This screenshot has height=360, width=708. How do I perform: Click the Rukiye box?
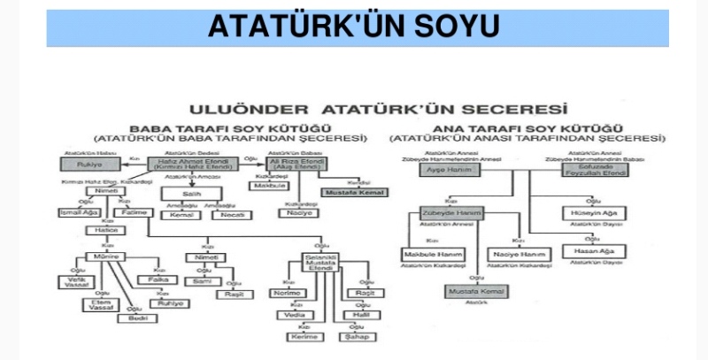(85, 164)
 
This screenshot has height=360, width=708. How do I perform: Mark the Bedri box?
(137, 318)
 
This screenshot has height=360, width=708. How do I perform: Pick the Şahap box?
(358, 336)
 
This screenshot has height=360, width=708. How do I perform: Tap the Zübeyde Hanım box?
(451, 214)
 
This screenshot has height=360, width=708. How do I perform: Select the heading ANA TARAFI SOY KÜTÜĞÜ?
(527, 128)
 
